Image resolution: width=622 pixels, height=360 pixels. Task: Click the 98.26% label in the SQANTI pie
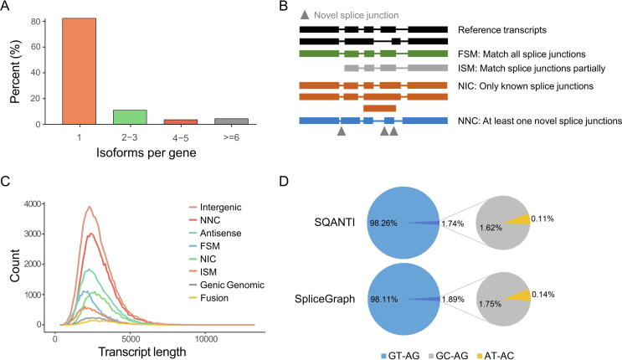click(x=383, y=224)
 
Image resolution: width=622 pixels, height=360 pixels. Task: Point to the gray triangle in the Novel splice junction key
click(x=305, y=15)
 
